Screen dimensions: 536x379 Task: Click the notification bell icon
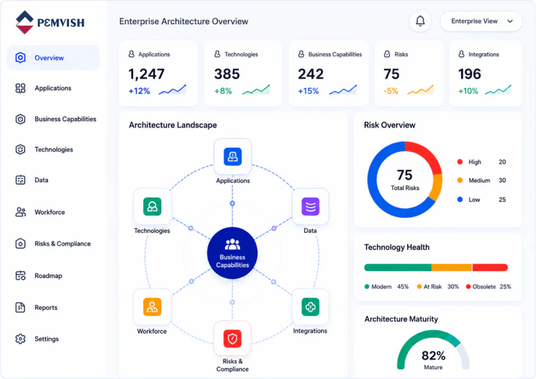pyautogui.click(x=420, y=21)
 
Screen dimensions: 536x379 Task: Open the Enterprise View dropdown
pyautogui.click(x=481, y=21)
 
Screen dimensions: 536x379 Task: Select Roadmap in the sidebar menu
pyautogui.click(x=48, y=276)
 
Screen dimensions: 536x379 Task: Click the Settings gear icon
pyautogui.click(x=20, y=339)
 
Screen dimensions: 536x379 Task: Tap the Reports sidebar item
pyautogui.click(x=46, y=307)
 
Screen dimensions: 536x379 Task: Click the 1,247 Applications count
pyautogui.click(x=147, y=74)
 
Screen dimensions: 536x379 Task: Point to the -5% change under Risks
pyautogui.click(x=390, y=91)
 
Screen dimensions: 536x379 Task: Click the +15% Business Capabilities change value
pyautogui.click(x=308, y=91)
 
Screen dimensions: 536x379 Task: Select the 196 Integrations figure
pyautogui.click(x=470, y=74)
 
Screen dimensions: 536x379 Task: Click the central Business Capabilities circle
pyautogui.click(x=232, y=253)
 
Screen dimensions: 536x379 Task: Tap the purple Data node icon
pyautogui.click(x=310, y=207)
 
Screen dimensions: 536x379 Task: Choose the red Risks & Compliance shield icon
pyautogui.click(x=232, y=339)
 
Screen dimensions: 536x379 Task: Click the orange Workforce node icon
pyautogui.click(x=152, y=307)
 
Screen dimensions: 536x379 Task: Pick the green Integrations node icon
pyautogui.click(x=310, y=307)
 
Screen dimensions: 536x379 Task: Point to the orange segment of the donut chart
pyautogui.click(x=437, y=187)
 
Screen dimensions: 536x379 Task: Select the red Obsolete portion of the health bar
pyautogui.click(x=490, y=267)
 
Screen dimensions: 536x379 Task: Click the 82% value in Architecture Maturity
pyautogui.click(x=433, y=356)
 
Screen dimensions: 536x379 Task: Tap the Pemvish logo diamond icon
pyautogui.click(x=25, y=22)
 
